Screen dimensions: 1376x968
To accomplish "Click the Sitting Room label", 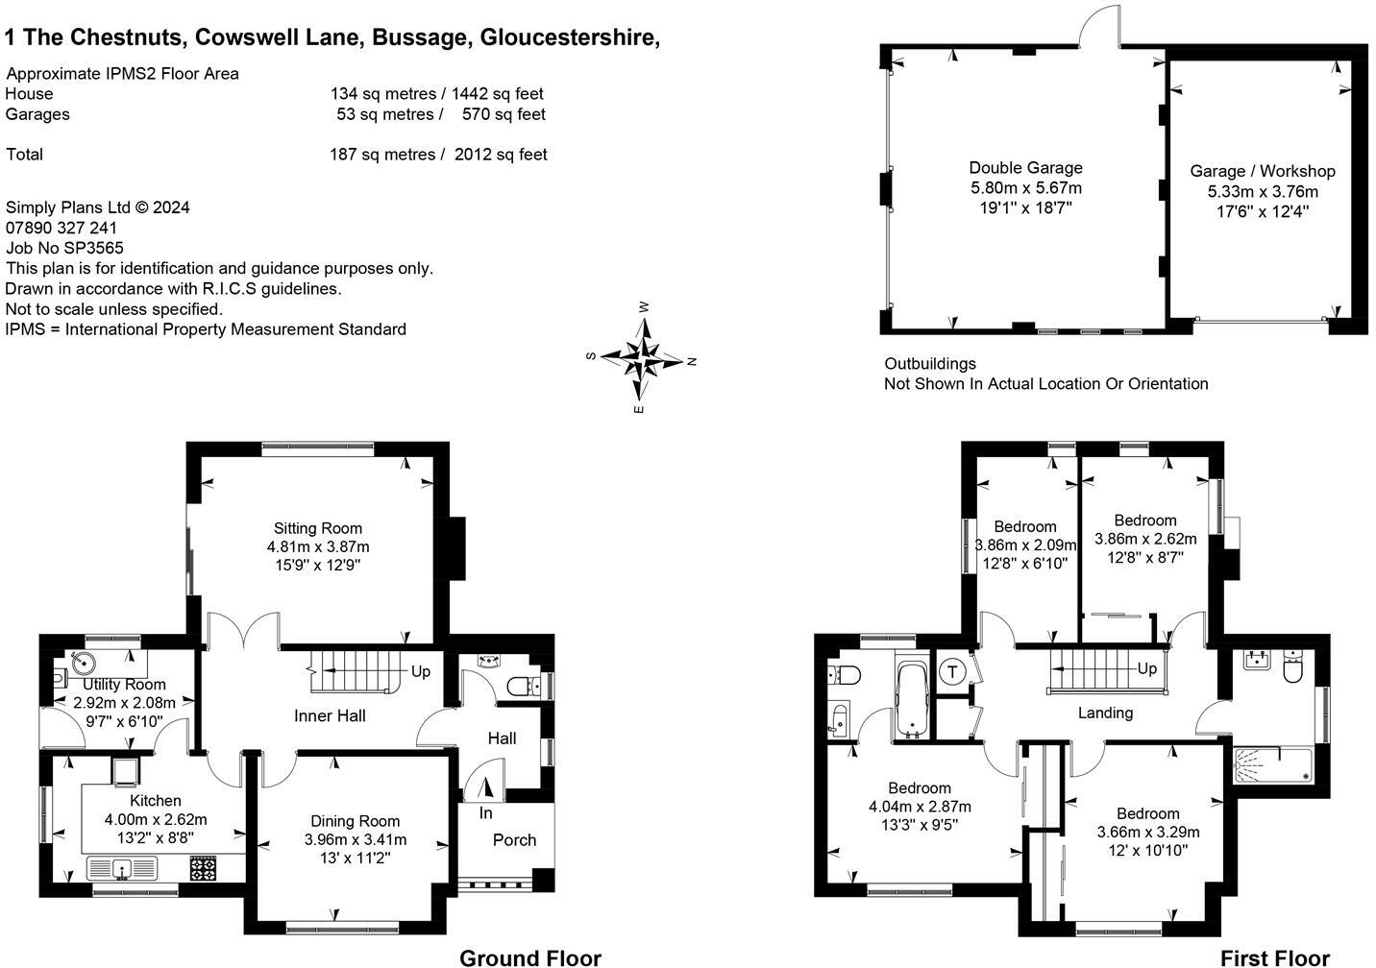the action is (x=318, y=528).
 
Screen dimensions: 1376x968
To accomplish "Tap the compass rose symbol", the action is (x=643, y=358).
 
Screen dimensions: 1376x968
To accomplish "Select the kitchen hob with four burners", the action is (x=204, y=868).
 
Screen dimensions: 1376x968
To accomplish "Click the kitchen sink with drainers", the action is (x=122, y=868).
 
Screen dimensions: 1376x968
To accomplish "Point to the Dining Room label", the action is (x=356, y=821).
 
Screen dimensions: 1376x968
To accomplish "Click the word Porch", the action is (x=514, y=839).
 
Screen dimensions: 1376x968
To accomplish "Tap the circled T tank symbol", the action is (x=952, y=672).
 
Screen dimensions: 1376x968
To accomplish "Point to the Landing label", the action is (x=1105, y=713).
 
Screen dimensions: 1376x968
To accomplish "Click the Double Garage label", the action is (x=1026, y=167).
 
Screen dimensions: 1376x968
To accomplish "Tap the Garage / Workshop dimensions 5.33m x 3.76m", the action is (x=1263, y=191).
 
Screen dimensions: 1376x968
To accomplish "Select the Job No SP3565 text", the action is (x=64, y=248).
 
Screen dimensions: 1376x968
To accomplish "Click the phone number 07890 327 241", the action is (x=61, y=228).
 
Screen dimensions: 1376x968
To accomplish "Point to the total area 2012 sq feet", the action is (x=501, y=154).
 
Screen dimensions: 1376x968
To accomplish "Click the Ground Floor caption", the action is (x=530, y=958).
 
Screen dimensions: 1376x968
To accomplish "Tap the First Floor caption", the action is (x=1275, y=958).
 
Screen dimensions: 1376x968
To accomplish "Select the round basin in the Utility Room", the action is (x=83, y=663).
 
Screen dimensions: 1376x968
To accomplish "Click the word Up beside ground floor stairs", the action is (x=421, y=671).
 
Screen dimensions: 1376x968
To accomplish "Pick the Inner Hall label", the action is (x=330, y=715).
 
